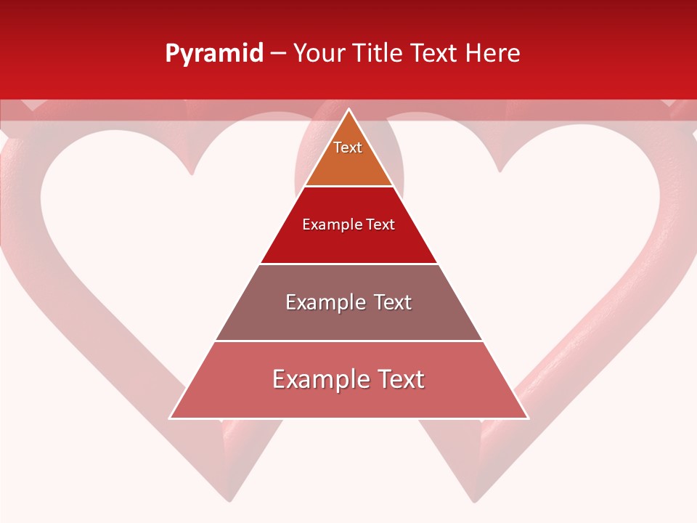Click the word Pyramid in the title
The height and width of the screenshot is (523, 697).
point(213,54)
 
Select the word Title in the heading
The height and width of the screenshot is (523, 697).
point(380,53)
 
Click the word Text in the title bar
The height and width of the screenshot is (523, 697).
point(435,53)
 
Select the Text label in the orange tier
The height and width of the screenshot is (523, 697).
point(348,147)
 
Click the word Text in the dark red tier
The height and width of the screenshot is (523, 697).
point(380,224)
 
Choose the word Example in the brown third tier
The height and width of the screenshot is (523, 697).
point(324,302)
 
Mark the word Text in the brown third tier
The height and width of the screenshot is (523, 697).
point(393,302)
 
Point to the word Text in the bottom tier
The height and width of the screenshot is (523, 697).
point(400,379)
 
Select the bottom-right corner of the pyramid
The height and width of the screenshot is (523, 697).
point(527,418)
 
